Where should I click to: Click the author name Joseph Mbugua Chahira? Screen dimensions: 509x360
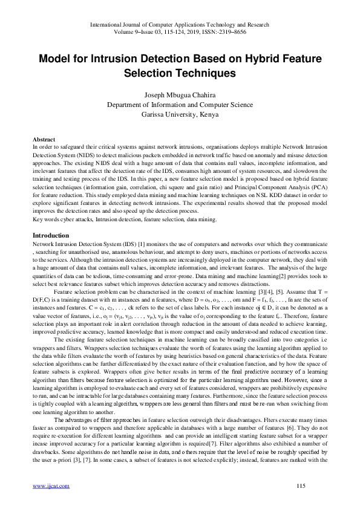(x=180, y=95)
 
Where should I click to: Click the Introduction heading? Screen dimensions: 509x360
(x=51, y=218)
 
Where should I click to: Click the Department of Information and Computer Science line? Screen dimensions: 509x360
(x=180, y=105)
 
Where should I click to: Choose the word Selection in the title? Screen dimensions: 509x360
(x=148, y=73)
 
